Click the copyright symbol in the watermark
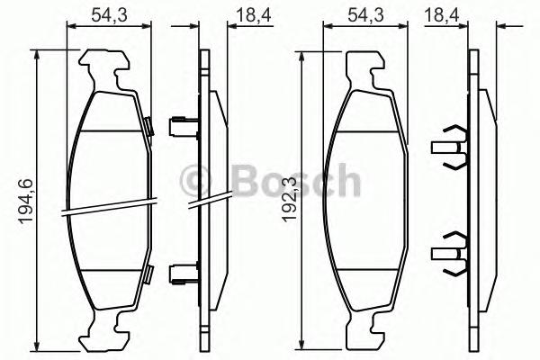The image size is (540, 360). [194, 180]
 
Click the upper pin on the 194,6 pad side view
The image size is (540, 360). [184, 123]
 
